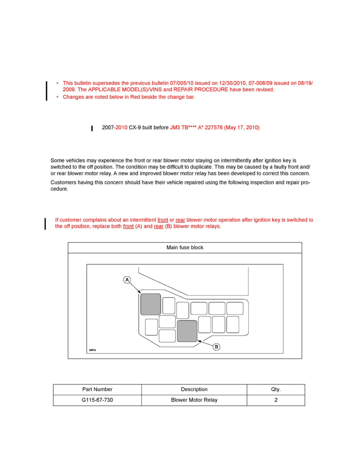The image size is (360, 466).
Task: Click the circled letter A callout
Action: [127, 280]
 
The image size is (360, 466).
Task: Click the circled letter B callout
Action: [216, 347]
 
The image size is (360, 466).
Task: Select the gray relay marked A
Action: [151, 304]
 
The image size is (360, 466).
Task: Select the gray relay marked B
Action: [187, 331]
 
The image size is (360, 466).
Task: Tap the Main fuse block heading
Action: [185, 248]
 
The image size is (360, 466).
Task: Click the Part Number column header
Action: [97, 390]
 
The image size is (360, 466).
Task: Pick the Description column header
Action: [194, 390]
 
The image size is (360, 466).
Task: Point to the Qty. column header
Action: [276, 390]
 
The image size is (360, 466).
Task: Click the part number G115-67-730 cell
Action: [97, 400]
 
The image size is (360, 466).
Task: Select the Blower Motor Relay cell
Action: [194, 400]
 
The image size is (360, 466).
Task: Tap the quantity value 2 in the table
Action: [276, 400]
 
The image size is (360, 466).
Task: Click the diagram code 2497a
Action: [93, 350]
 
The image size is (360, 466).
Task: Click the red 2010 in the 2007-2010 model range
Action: [122, 128]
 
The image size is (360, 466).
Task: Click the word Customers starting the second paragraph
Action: [64, 182]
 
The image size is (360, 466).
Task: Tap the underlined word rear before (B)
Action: [159, 226]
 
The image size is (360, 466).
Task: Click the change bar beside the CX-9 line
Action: [92, 128]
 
